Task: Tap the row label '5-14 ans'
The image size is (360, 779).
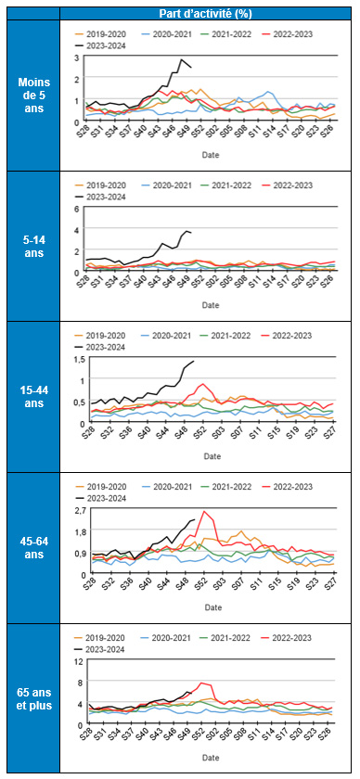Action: point(34,246)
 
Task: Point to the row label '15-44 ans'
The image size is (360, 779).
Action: point(34,397)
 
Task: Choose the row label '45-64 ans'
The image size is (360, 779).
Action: point(34,548)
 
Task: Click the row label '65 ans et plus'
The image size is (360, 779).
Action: point(34,698)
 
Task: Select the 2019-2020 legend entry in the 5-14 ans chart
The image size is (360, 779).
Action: point(106,185)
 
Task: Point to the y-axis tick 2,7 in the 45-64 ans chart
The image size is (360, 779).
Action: point(78,510)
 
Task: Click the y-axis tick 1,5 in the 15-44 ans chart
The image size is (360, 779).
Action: point(78,359)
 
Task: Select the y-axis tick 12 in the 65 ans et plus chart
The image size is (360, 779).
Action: point(78,661)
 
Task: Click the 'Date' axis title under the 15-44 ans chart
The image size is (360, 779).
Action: point(211,455)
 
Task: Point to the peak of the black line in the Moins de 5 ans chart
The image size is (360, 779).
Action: point(182,60)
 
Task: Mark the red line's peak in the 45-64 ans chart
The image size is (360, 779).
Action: point(203,512)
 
